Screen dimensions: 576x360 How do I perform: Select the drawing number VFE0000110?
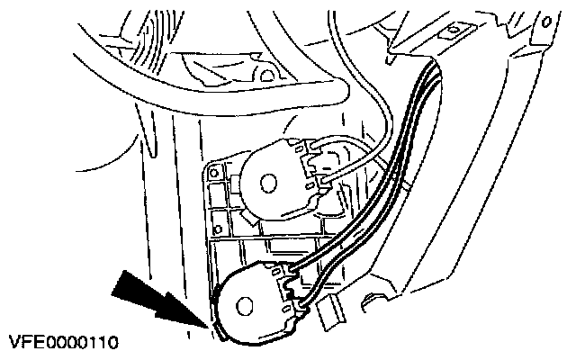click(62, 343)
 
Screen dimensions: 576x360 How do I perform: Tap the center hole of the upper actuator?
click(268, 183)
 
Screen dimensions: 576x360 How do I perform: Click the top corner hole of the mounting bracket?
click(216, 168)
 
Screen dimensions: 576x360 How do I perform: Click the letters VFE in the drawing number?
click(23, 343)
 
